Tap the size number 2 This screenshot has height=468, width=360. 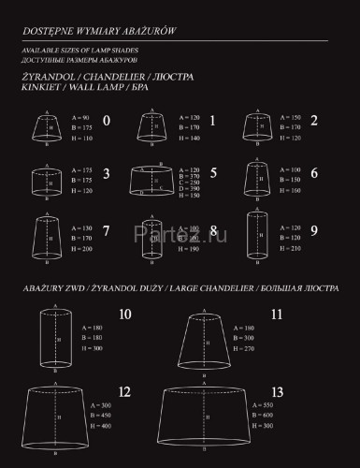pyautogui.click(x=313, y=121)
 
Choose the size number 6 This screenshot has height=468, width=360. pyautogui.click(x=313, y=174)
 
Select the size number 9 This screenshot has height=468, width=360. pyautogui.click(x=313, y=229)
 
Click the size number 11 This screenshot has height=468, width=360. pyautogui.click(x=276, y=315)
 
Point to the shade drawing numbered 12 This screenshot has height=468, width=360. pyautogui.click(x=61, y=417)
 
